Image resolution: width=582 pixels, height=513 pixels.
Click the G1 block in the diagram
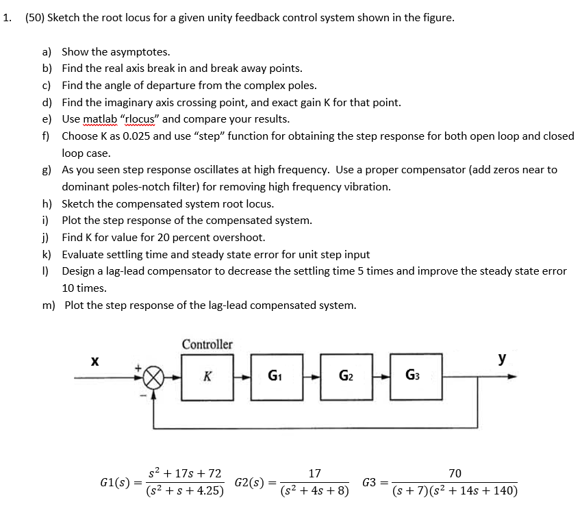coord(277,376)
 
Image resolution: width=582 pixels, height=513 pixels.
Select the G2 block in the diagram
coord(346,376)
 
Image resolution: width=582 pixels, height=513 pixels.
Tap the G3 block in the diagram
coord(415,376)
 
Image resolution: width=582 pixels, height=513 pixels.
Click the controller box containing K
coord(207,376)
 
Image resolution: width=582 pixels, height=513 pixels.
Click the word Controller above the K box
coord(207,344)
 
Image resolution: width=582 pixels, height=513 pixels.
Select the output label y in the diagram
coord(503,358)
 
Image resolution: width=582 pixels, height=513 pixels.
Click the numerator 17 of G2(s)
coord(315,473)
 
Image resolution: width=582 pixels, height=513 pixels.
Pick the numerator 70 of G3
coord(455,473)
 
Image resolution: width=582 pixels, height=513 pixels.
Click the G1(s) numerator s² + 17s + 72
coord(186,473)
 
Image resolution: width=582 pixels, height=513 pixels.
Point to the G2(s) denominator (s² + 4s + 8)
coord(315,490)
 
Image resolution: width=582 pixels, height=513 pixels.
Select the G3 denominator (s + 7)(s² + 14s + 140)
coord(455,490)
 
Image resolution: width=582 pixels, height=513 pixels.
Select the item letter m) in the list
coord(49,305)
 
